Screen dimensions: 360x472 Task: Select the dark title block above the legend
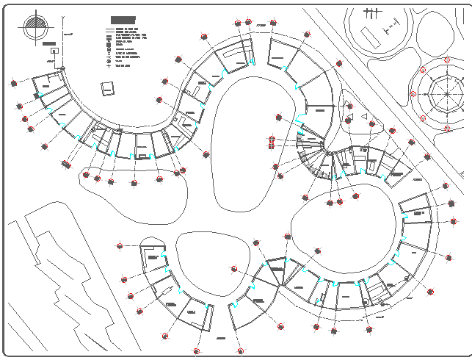pos(123,20)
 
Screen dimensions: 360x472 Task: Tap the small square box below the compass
pos(54,51)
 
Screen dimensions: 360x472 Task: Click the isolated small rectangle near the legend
pos(108,88)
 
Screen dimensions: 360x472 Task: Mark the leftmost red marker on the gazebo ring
pos(413,94)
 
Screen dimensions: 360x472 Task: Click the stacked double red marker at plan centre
pos(272,140)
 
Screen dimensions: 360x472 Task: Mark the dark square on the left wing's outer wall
pos(36,96)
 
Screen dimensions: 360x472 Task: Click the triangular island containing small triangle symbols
pos(357,118)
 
